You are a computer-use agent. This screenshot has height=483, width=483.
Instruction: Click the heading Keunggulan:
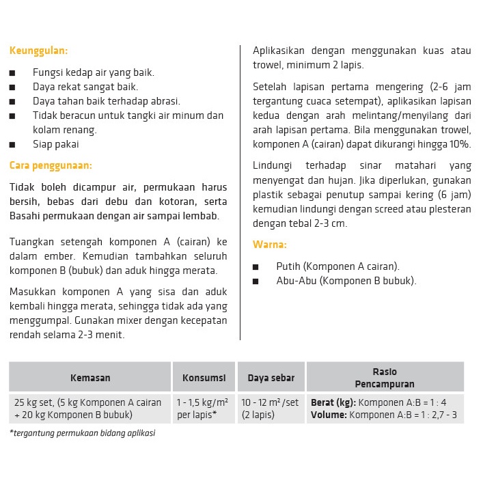tap(38, 51)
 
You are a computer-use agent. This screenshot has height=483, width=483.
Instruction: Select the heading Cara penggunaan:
tap(51, 165)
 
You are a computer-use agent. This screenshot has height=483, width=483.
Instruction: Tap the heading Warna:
tap(270, 245)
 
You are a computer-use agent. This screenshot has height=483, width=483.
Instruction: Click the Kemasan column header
tap(90, 378)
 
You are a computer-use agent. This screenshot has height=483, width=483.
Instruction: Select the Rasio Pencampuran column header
tap(385, 378)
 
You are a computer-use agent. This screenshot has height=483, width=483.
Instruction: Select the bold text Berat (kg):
tap(333, 402)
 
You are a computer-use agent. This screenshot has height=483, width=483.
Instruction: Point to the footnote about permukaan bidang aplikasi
tap(82, 433)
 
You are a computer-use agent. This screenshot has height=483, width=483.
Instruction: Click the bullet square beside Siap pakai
tap(12, 145)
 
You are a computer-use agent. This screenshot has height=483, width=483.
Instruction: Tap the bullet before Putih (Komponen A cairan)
tap(256, 267)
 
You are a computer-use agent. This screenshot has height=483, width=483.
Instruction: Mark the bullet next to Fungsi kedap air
tap(12, 72)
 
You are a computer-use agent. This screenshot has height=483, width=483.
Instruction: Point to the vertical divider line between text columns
tap(240, 191)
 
